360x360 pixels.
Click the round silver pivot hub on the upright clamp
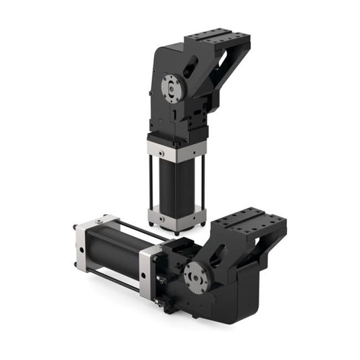click(172, 86)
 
